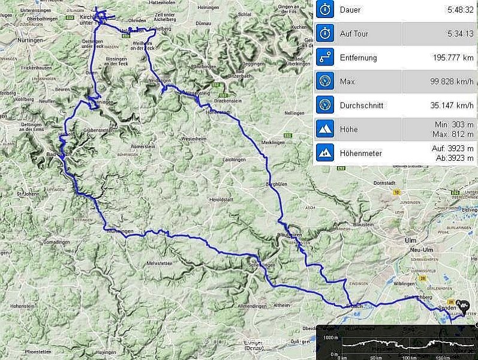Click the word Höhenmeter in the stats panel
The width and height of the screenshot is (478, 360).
[x=361, y=154]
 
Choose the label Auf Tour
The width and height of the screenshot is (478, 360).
[x=354, y=34]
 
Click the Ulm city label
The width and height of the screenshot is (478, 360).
[x=403, y=240]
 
